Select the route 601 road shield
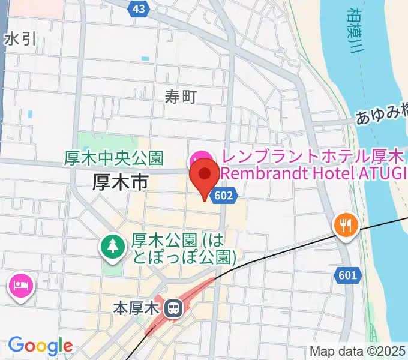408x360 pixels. pos(347,275)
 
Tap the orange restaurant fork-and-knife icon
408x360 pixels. pos(346,225)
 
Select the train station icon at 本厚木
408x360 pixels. pos(173,309)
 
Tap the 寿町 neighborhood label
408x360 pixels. pos(181,96)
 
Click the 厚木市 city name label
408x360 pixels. pos(120,182)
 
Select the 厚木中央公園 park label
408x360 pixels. pos(114,158)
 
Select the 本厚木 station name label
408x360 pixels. pos(136,309)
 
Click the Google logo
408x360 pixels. pos(40,345)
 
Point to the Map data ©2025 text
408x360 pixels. pos(358,352)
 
